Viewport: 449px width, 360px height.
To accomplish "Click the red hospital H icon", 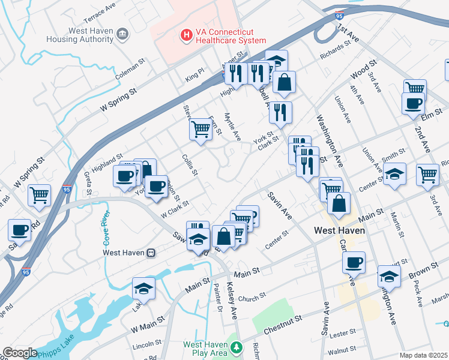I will click(187, 35).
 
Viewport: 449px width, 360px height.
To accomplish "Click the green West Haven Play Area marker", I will click(237, 347).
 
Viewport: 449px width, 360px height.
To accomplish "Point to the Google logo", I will click(20, 353).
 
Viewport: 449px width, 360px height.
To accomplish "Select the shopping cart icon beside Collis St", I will click(200, 130).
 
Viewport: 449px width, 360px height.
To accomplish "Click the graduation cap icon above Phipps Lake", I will click(143, 289).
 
